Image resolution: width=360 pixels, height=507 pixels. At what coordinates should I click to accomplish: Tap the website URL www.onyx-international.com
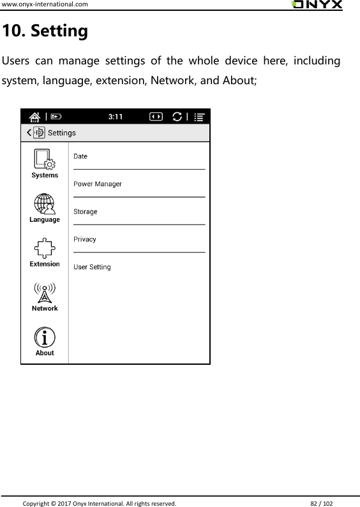[x=44, y=4]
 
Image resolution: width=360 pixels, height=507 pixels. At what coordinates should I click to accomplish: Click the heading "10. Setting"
[x=45, y=31]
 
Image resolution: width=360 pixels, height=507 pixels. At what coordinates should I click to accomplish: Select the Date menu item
[x=80, y=156]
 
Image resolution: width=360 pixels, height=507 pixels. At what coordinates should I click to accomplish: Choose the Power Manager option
[x=98, y=184]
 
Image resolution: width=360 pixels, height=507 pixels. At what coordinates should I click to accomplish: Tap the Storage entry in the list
[x=86, y=212]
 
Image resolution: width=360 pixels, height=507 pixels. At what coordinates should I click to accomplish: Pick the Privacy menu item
[x=85, y=239]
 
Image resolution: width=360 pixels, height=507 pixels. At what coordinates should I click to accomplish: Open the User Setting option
[x=92, y=267]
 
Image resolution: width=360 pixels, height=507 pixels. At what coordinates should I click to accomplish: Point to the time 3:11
[x=116, y=117]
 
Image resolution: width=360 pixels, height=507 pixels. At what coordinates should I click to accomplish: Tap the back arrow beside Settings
[x=28, y=133]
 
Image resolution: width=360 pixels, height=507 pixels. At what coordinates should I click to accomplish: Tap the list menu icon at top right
[x=200, y=117]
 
